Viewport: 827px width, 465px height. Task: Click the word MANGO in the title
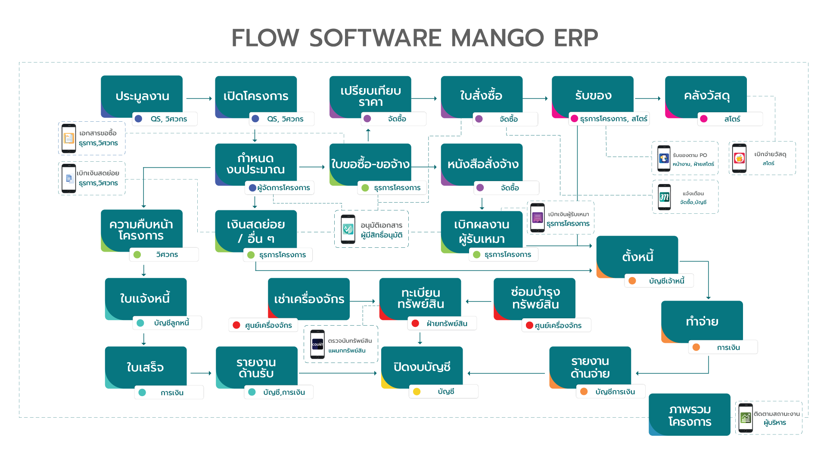click(497, 38)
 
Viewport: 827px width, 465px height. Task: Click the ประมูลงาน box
click(142, 95)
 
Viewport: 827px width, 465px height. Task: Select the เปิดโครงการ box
click(256, 95)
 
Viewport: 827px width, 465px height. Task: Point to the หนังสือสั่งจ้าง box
click(482, 164)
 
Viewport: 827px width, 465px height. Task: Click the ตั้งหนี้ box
click(637, 256)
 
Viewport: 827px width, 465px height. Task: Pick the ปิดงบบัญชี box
click(422, 366)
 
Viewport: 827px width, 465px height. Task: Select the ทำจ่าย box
click(702, 321)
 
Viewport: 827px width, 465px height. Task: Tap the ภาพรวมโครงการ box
click(689, 415)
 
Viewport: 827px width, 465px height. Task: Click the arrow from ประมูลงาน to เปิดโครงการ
click(199, 99)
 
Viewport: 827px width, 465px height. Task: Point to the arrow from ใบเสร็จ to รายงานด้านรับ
click(201, 373)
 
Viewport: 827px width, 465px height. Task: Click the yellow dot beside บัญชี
click(417, 391)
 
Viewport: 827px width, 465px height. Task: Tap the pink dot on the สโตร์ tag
click(703, 119)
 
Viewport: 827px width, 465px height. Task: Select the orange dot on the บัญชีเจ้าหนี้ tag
click(632, 281)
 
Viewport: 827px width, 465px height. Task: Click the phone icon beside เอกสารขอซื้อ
click(69, 138)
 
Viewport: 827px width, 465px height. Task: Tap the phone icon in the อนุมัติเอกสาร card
click(348, 229)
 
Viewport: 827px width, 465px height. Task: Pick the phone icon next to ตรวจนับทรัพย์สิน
click(317, 345)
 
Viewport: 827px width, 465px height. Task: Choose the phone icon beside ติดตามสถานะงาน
click(746, 418)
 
